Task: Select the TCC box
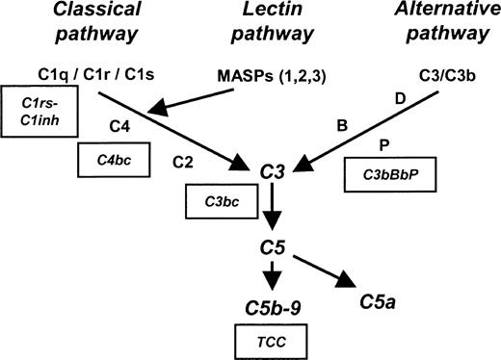point(272,341)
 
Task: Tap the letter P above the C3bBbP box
point(384,146)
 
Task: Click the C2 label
point(185,161)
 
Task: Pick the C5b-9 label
point(273,306)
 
